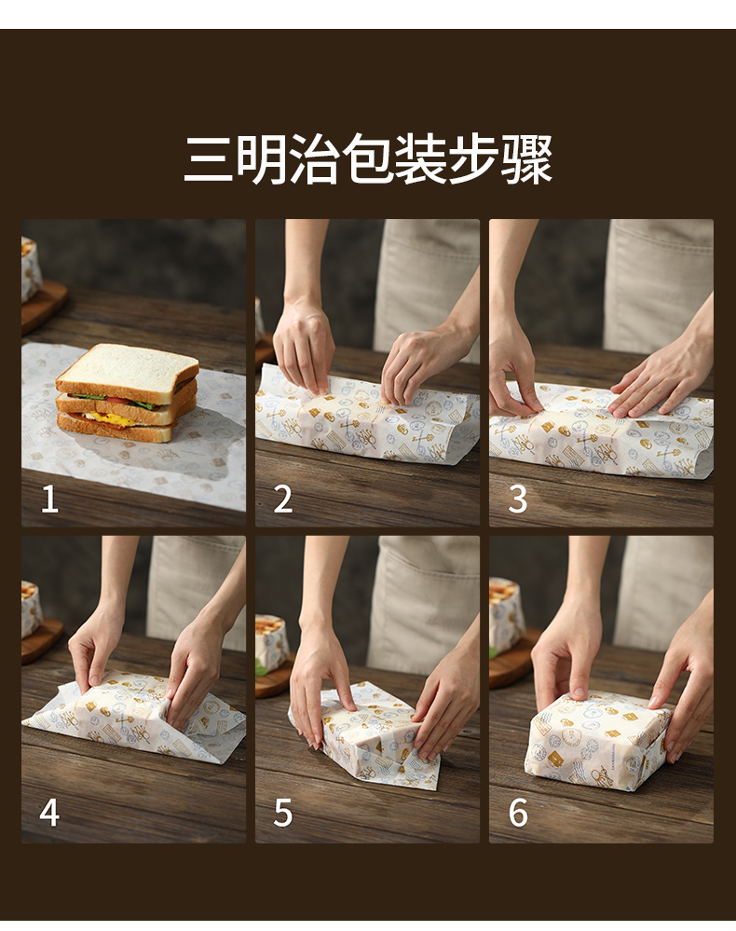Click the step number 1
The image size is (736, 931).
coord(50,499)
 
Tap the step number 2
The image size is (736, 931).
coord(283,499)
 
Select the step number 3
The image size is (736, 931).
coord(518,499)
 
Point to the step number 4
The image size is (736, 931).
coord(49,813)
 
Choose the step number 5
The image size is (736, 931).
coord(283,813)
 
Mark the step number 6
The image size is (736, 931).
coord(518,813)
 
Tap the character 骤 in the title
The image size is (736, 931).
coord(527,159)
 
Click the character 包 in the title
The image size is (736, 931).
coord(368,159)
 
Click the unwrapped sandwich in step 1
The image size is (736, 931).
coord(127,392)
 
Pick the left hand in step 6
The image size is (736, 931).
coord(566,659)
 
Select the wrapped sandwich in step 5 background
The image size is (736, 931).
coord(271,642)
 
